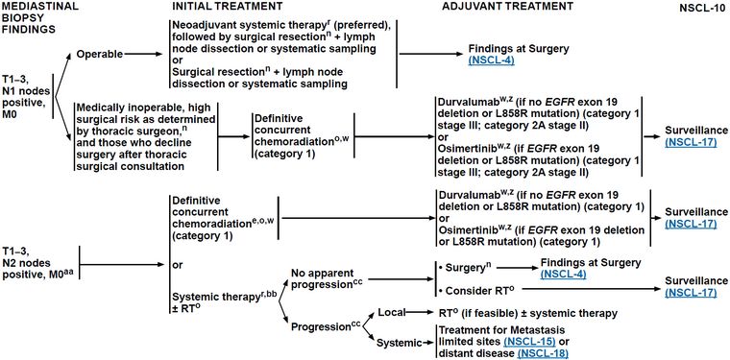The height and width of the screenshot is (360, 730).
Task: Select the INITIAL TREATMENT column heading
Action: tap(227, 7)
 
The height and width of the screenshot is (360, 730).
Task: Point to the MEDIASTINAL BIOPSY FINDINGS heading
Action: tap(30, 17)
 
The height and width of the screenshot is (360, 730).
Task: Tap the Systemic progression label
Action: tap(397, 344)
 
